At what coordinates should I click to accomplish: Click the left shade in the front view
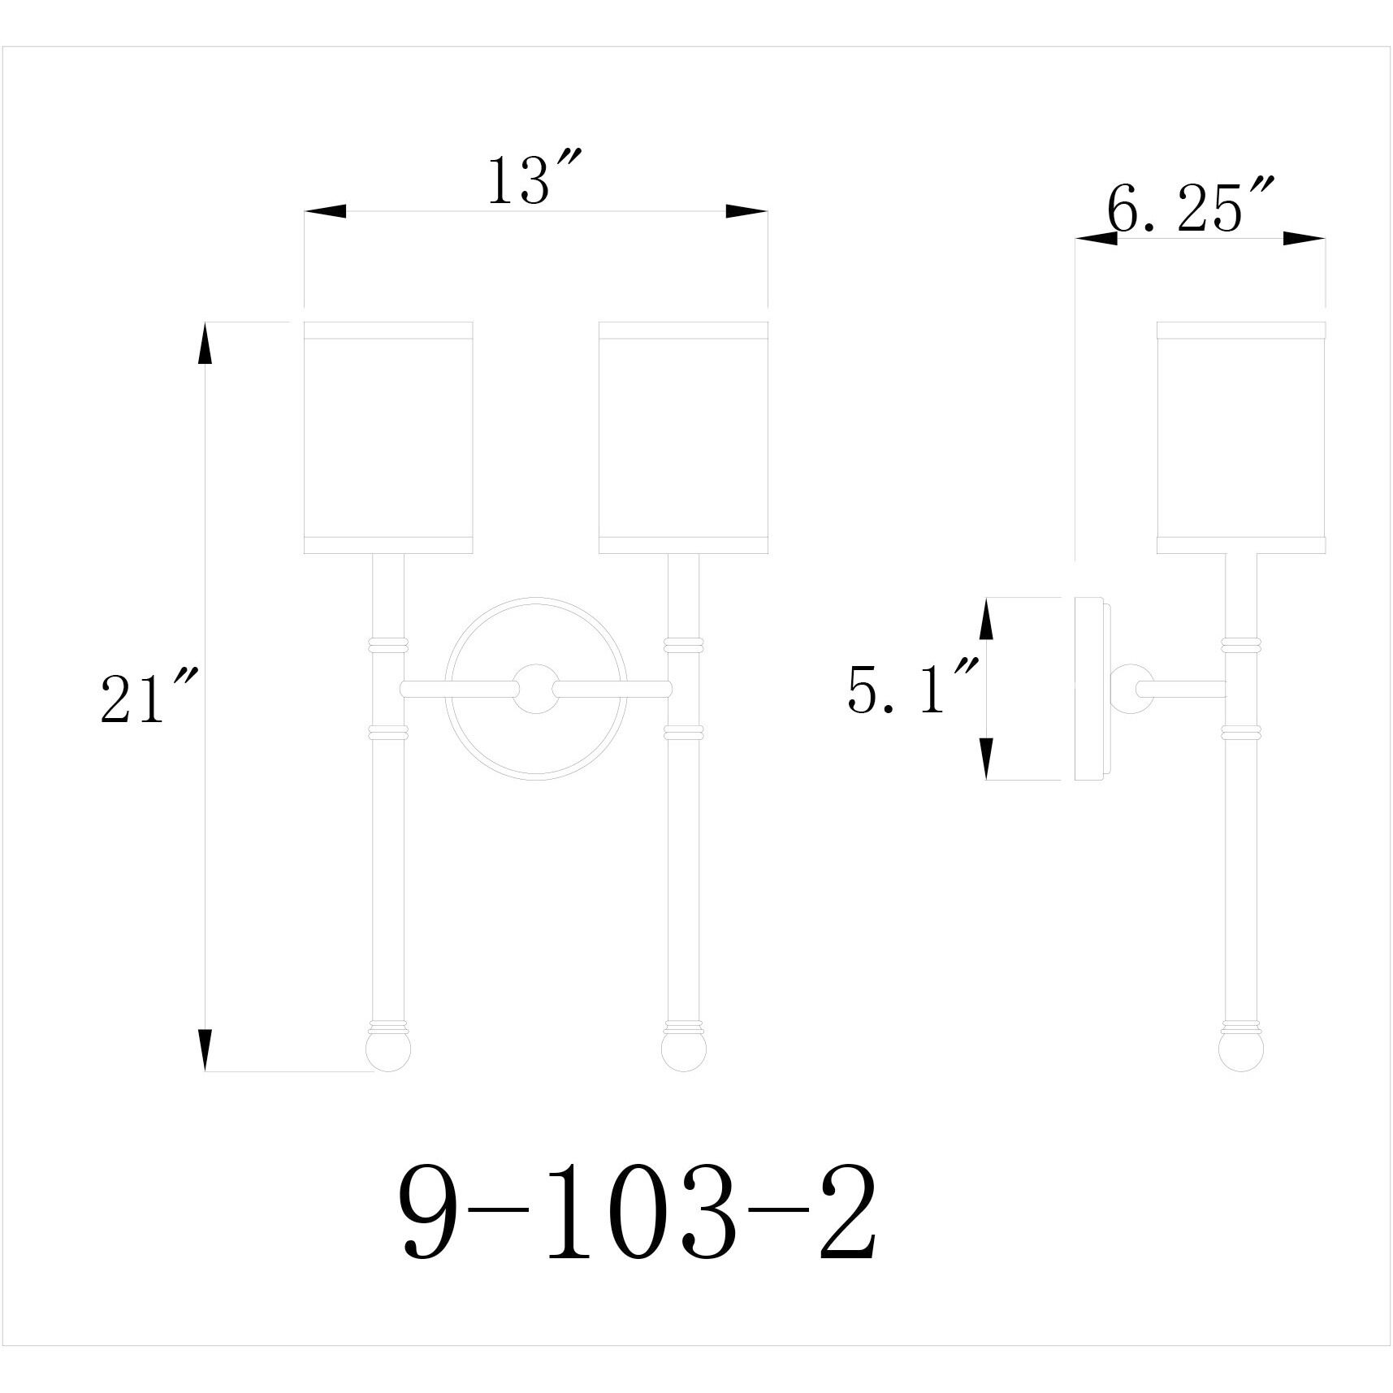click(388, 437)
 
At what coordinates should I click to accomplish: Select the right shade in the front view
click(683, 437)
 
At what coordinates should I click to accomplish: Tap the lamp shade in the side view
click(1241, 437)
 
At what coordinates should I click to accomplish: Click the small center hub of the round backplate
click(536, 688)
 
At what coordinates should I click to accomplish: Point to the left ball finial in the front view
click(388, 1051)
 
